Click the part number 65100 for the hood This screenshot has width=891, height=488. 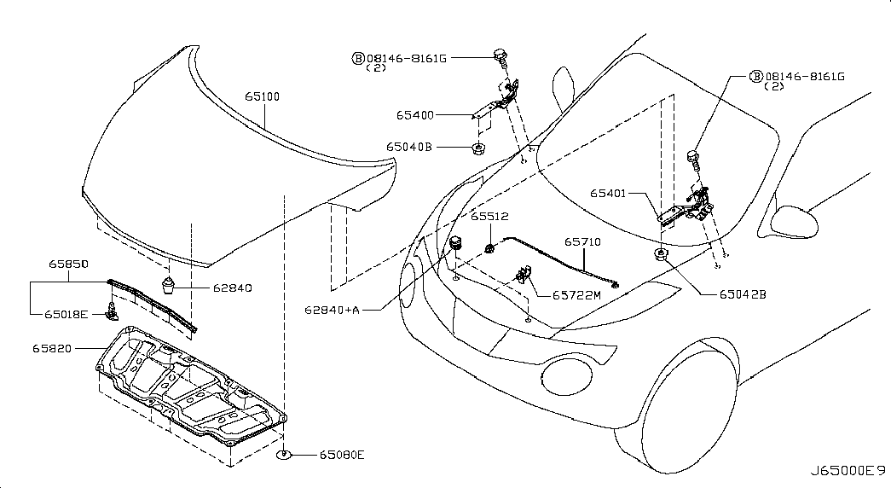pyautogui.click(x=262, y=96)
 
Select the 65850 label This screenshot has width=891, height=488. pyautogui.click(x=68, y=264)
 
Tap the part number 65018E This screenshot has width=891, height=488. pyautogui.click(x=66, y=313)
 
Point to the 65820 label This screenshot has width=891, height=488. pyautogui.click(x=52, y=348)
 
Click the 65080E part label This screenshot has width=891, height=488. pyautogui.click(x=342, y=455)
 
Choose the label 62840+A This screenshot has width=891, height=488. pyautogui.click(x=332, y=310)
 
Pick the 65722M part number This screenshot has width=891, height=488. pyautogui.click(x=576, y=295)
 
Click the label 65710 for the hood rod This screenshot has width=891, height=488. pyautogui.click(x=582, y=241)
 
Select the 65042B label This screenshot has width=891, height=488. pyautogui.click(x=743, y=294)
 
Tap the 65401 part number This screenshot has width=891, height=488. pyautogui.click(x=607, y=194)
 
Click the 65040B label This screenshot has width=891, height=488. pyautogui.click(x=409, y=147)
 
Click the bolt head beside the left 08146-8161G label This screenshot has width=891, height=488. pyautogui.click(x=500, y=55)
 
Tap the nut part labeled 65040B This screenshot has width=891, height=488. pyautogui.click(x=477, y=149)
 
